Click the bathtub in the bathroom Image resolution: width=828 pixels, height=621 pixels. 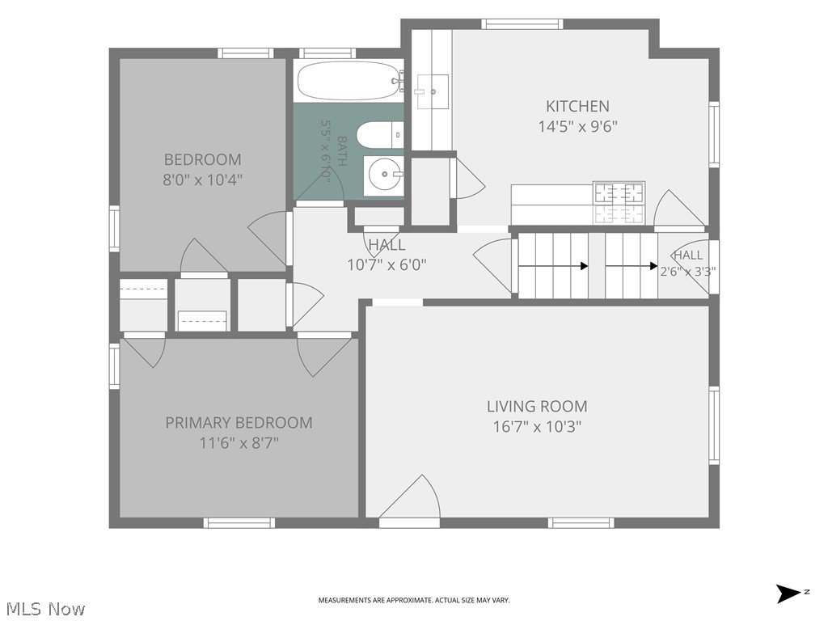tap(349, 81)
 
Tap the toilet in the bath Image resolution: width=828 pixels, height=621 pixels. tap(380, 135)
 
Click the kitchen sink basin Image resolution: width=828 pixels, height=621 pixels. tap(433, 91)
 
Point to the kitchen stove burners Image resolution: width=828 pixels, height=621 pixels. tap(619, 203)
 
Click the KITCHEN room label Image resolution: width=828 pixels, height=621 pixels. tap(577, 106)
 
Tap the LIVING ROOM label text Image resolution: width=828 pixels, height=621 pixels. tap(537, 406)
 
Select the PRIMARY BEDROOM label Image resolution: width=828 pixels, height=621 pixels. tap(239, 422)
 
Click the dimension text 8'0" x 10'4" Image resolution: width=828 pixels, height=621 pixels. tap(202, 180)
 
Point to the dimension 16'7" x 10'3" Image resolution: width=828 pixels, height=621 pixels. tap(537, 427)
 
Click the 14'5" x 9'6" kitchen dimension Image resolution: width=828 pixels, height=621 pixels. tap(577, 127)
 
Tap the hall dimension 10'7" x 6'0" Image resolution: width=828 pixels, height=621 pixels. tap(387, 264)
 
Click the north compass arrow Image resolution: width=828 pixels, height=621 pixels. tap(788, 593)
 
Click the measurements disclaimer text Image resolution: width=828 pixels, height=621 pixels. tap(413, 601)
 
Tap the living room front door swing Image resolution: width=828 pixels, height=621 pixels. tap(410, 497)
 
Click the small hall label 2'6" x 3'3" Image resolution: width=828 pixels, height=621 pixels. tap(688, 272)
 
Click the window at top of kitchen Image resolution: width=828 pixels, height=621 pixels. tap(522, 23)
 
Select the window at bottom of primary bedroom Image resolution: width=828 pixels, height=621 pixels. tap(239, 523)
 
